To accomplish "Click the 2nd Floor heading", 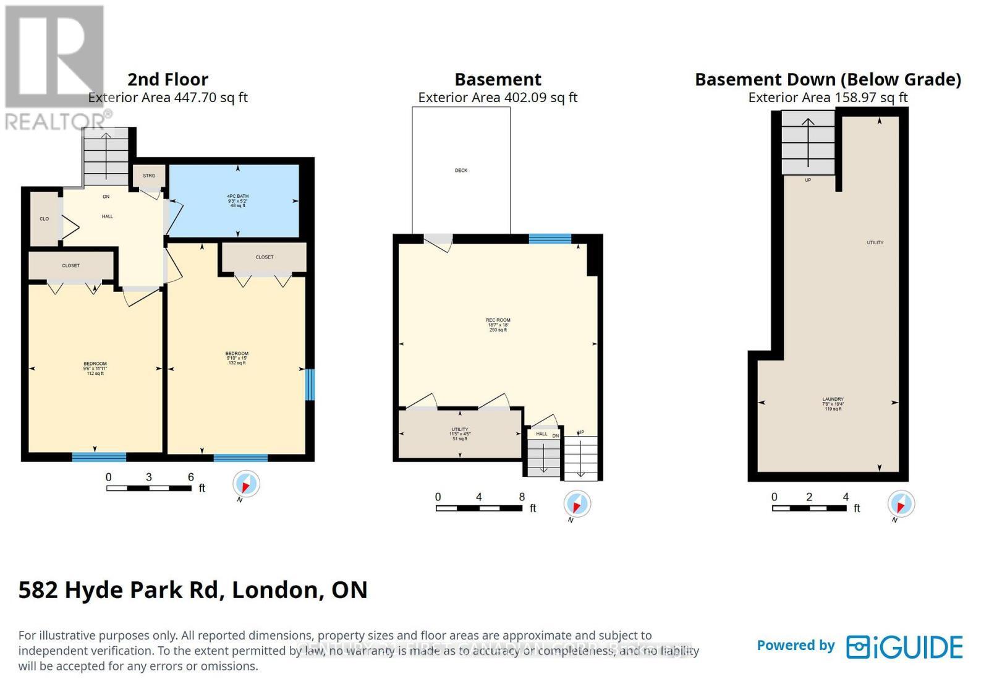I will pos(168,79).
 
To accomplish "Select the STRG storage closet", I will pos(149,176).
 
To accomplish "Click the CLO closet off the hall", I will pos(45,218).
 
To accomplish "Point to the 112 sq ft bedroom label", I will pos(95,368).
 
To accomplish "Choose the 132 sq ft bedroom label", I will pos(237,358).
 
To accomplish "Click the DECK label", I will pos(461,170).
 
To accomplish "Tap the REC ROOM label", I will pos(498,325).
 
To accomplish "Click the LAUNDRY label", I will pos(833,403).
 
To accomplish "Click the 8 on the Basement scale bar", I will pos(522,497).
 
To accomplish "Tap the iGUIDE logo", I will pos(904,647).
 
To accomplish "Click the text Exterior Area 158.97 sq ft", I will pos(828,97).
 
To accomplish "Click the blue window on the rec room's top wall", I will pos(550,238).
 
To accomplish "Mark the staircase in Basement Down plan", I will pos(808,142).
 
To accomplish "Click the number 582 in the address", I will pos(38,589).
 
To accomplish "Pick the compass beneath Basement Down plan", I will pos(901,503).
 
